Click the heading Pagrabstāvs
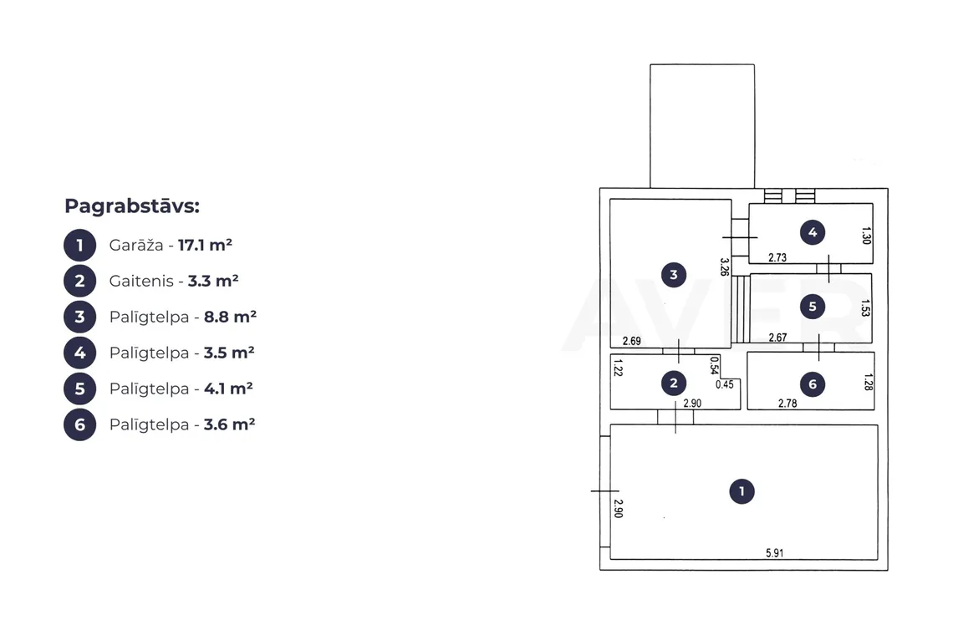click(x=132, y=206)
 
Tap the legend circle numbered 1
click(x=79, y=246)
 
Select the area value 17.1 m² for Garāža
click(x=205, y=245)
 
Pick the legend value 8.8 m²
click(x=231, y=317)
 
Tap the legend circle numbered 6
click(x=79, y=424)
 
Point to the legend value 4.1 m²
click(x=228, y=389)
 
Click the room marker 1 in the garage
click(x=742, y=491)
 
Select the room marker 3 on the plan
click(x=674, y=275)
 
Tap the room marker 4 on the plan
click(x=813, y=231)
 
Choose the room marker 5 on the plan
click(x=813, y=307)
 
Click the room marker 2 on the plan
click(x=674, y=383)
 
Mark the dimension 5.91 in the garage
click(x=774, y=553)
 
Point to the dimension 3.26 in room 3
click(x=724, y=267)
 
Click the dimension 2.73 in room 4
click(x=777, y=257)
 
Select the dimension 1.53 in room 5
click(x=865, y=308)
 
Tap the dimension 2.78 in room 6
click(x=787, y=403)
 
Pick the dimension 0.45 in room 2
click(x=725, y=384)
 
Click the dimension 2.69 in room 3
click(x=631, y=341)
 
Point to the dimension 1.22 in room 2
click(x=618, y=368)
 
